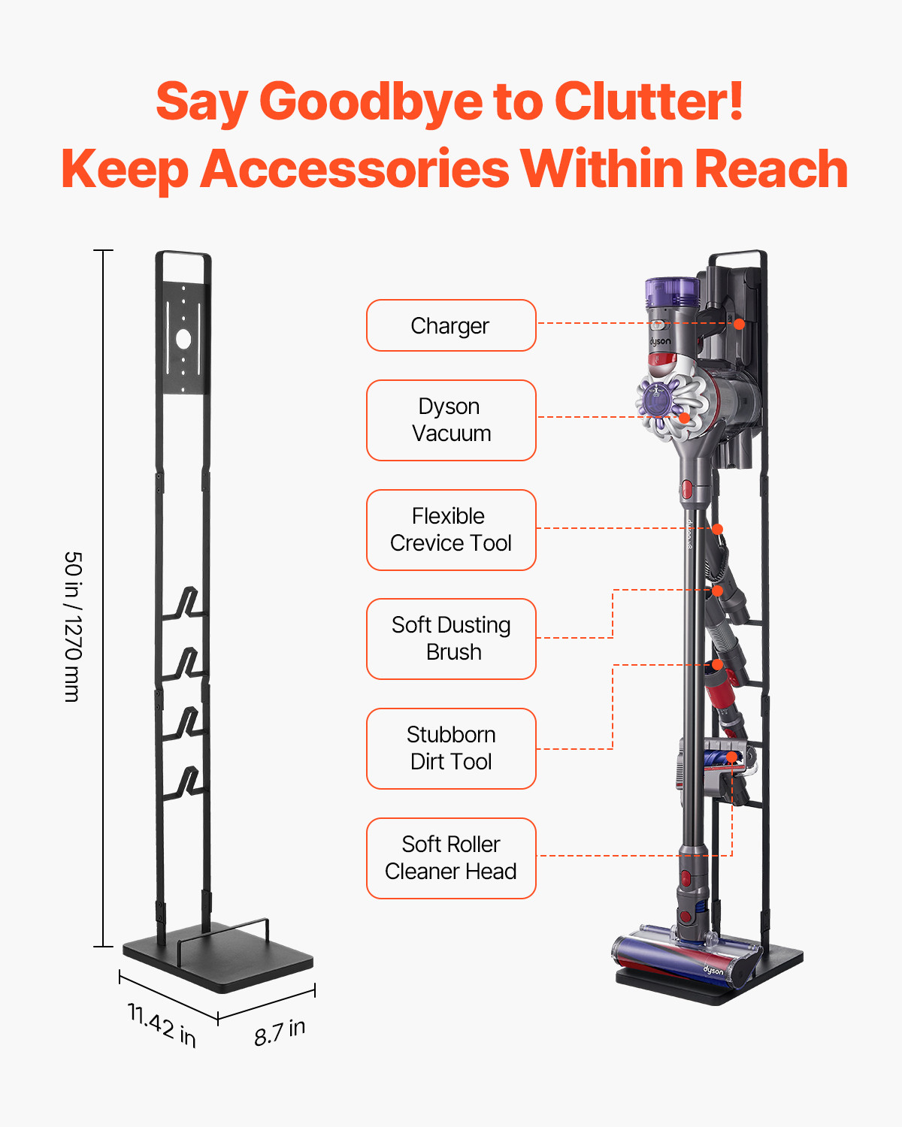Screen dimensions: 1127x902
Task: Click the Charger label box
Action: (x=451, y=325)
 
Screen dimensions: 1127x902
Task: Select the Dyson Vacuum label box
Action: (x=451, y=420)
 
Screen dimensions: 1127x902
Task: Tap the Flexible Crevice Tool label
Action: (x=451, y=530)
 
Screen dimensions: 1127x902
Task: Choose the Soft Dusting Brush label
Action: (x=451, y=639)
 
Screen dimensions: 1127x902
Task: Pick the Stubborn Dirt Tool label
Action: (x=451, y=748)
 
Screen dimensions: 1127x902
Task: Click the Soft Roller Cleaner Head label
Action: (x=451, y=858)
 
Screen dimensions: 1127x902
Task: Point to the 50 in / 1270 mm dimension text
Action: (x=72, y=627)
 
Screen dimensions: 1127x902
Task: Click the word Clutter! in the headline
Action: (x=649, y=101)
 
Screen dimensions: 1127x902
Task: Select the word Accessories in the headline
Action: (x=355, y=169)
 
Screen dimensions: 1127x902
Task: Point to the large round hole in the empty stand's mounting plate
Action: (x=183, y=339)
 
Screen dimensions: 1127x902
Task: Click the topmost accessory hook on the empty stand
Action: (x=188, y=603)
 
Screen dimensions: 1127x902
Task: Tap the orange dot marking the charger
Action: (x=739, y=324)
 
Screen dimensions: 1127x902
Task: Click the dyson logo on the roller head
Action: (x=713, y=971)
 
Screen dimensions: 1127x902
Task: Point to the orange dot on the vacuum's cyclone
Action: (x=684, y=417)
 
